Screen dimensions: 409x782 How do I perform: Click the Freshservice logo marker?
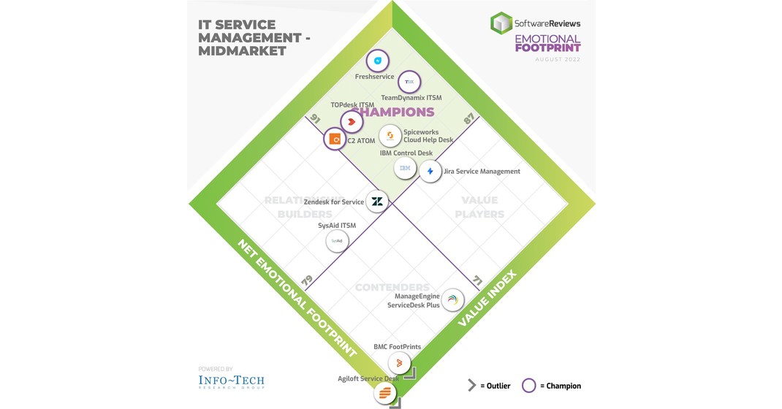[378, 61]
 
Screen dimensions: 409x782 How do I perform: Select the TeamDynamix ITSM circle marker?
[409, 82]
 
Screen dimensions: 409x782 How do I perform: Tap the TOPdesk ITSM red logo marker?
[352, 121]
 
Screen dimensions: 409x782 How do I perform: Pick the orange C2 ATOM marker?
[335, 138]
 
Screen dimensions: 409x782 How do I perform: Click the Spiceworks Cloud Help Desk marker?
[390, 136]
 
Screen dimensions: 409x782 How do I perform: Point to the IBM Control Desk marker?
[405, 169]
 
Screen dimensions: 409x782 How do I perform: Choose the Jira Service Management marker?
[430, 172]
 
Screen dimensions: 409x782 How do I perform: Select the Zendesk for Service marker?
[377, 202]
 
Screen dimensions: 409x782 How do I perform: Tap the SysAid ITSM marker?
[337, 240]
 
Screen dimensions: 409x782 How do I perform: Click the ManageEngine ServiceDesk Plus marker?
[452, 299]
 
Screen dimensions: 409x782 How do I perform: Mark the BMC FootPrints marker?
[399, 362]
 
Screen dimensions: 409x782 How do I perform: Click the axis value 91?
[316, 119]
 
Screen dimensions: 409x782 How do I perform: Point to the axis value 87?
[469, 119]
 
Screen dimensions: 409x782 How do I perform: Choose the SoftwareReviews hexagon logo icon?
[501, 23]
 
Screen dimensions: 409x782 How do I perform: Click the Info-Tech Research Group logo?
[231, 381]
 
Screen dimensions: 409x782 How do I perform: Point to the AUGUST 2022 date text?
[558, 59]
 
